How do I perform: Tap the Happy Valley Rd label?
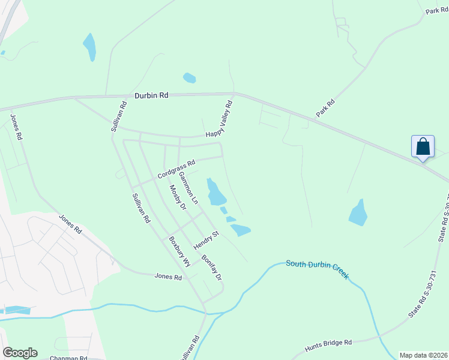[x=219, y=119]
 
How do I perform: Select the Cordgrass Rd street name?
[x=176, y=169]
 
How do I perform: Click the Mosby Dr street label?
[x=178, y=197]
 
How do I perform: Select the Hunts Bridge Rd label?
[x=328, y=343]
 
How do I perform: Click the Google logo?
[x=20, y=353]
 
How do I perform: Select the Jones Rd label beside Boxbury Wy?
[x=168, y=277]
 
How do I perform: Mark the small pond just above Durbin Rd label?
[x=189, y=78]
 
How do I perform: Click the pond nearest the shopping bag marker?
[x=358, y=212]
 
